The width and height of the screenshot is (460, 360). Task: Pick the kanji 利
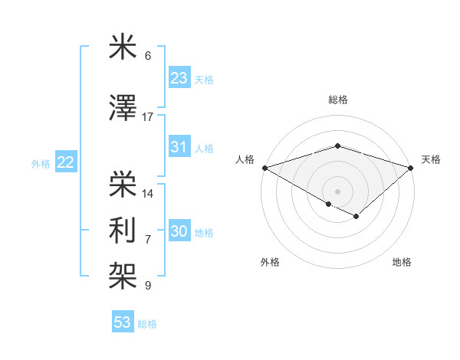123,230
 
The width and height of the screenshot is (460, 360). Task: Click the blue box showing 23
179,78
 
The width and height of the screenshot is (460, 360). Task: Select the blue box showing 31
179,147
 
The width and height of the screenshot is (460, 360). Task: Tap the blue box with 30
179,232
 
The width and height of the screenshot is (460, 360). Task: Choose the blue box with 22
66,162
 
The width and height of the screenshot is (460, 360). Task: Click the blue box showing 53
123,322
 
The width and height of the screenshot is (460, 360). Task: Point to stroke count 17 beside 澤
148,117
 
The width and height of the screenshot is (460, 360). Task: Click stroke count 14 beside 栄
148,193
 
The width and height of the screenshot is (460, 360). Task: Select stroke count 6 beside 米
148,56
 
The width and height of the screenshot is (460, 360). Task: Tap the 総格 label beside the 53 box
147,324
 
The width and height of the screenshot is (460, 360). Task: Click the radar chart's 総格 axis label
337,100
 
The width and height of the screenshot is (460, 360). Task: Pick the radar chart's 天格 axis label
431,159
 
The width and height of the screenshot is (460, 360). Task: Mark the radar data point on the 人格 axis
264,168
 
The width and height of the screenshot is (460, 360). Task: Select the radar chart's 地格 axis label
402,262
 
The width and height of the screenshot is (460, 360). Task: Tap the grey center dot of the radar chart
337,191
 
